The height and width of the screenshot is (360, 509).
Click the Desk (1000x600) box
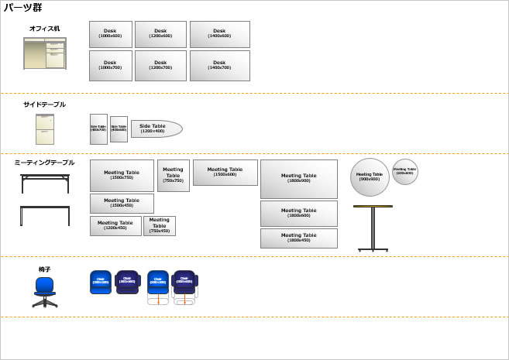tap(110, 34)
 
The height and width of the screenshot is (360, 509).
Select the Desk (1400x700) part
tap(219, 66)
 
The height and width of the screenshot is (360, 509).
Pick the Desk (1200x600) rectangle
tap(160, 34)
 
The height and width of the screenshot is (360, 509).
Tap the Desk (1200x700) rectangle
tap(160, 66)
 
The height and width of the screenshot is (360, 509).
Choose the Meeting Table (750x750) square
tap(173, 176)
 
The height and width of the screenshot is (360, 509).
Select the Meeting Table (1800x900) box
tap(298, 179)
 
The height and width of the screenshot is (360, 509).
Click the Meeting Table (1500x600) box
tap(225, 173)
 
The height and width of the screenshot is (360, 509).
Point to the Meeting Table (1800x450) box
tap(298, 238)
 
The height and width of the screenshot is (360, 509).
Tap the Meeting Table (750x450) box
tap(159, 226)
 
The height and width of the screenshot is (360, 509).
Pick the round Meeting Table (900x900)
tap(370, 177)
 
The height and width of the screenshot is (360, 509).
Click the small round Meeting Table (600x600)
tap(404, 171)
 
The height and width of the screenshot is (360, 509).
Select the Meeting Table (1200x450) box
tap(115, 226)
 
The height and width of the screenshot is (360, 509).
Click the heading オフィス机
tap(44, 29)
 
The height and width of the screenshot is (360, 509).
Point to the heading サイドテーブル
tap(44, 105)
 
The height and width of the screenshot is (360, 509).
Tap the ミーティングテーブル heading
tap(44, 163)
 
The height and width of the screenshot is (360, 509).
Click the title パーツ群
tap(22, 8)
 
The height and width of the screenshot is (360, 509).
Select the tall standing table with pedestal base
tap(373, 228)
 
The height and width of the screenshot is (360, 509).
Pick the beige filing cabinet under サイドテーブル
tap(45, 129)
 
